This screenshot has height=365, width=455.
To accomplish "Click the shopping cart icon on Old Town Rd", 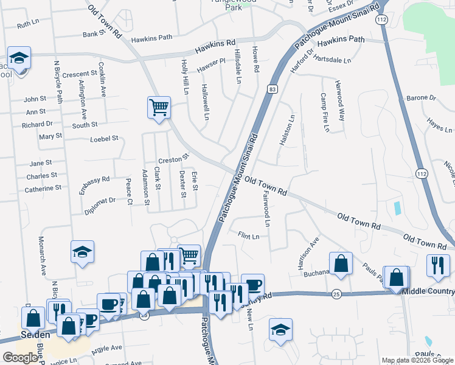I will coord(159,108).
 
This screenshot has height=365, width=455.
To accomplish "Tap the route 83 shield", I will coord(272,89).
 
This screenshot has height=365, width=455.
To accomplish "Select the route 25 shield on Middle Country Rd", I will coord(336,294).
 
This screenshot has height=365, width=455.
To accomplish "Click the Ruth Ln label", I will coord(27,26).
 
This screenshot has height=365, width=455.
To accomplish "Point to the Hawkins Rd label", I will coord(215,46).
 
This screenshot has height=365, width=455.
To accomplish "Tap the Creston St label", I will coord(170,160).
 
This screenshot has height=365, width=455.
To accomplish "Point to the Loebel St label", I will coord(103,139).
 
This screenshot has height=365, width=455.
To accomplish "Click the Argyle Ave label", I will coord(106,347).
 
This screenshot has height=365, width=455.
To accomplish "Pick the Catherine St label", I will coord(43,189).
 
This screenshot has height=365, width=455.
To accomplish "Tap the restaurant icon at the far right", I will coord(438,266).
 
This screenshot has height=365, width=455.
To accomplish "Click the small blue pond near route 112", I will coord(398,207).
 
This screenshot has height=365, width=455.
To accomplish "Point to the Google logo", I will coord(20,358).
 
